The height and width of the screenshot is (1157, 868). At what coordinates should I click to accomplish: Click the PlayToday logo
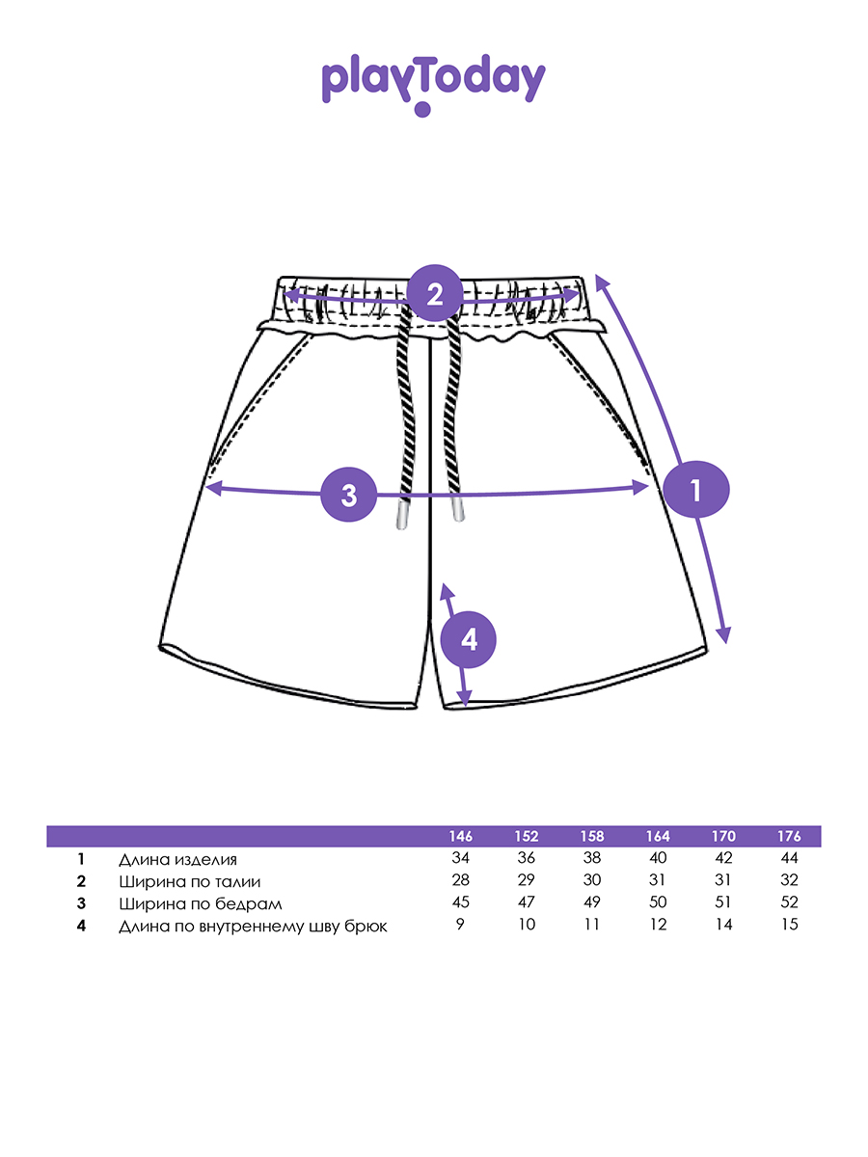click(x=433, y=83)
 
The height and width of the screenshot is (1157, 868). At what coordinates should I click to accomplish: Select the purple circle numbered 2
click(x=435, y=293)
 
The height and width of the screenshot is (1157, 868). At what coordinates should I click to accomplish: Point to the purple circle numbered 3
click(x=349, y=495)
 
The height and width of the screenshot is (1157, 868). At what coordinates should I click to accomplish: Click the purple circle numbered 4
click(x=468, y=639)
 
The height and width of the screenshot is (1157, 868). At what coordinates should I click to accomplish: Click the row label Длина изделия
click(x=177, y=859)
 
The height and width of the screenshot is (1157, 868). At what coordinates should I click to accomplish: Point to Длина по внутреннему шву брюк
click(x=253, y=926)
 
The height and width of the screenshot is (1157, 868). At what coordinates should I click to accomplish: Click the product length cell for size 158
click(x=592, y=859)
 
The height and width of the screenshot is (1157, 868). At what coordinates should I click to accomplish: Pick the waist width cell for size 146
click(x=461, y=881)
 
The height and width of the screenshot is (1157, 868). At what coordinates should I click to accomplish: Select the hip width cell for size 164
click(x=659, y=903)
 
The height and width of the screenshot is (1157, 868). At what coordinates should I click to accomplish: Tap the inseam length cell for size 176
click(x=789, y=926)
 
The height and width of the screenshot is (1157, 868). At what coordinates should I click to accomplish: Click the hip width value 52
click(x=789, y=903)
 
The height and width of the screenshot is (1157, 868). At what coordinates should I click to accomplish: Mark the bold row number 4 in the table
click(x=82, y=926)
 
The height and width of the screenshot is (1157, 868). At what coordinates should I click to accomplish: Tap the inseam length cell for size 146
click(x=461, y=926)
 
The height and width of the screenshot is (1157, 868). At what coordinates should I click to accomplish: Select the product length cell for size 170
click(x=723, y=859)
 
